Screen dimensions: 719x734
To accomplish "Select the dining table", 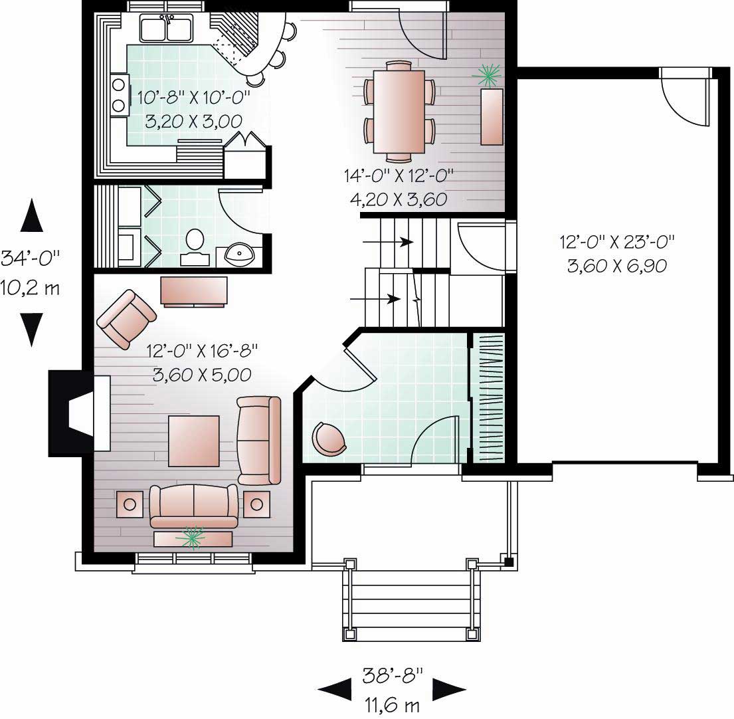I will click(399, 112).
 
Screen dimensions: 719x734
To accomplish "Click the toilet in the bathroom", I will click(195, 241).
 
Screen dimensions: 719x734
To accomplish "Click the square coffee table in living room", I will click(193, 441).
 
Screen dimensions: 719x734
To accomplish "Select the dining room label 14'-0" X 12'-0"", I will click(399, 177).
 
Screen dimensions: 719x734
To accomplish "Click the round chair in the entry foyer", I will click(329, 439).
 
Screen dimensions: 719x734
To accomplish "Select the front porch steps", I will click(411, 601).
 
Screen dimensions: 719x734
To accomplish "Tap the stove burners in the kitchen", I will click(120, 94).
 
